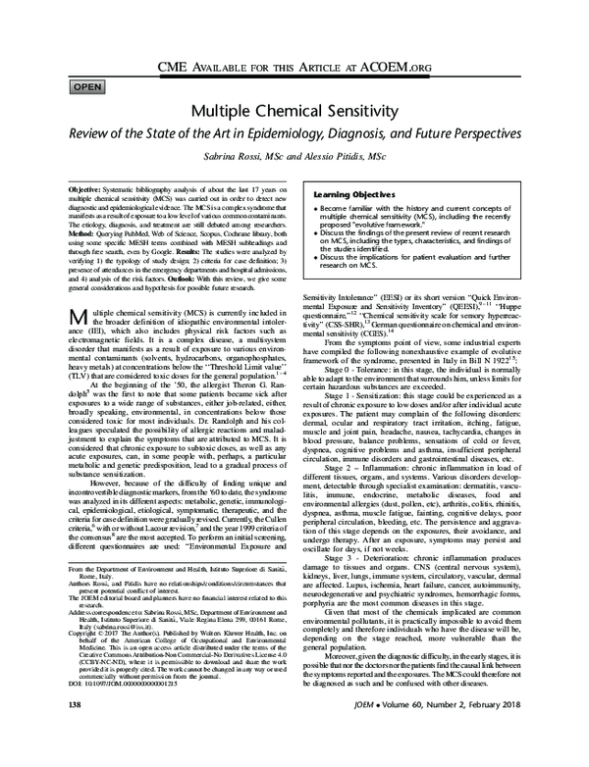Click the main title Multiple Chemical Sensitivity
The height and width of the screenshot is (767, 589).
(294, 112)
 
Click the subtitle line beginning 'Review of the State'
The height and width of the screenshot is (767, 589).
(294, 134)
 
